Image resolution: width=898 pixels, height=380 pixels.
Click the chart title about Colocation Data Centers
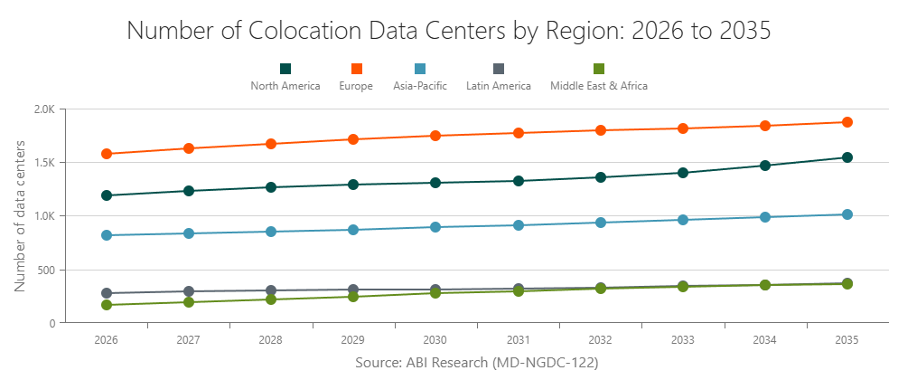tap(449, 30)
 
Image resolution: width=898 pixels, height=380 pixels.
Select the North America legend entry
tap(285, 78)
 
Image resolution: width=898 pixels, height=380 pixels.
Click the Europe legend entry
tap(356, 78)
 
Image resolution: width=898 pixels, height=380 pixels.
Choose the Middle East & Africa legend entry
tap(599, 78)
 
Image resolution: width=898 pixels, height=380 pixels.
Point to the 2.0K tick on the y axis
tap(44, 109)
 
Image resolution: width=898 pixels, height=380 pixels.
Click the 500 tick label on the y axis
tap(47, 270)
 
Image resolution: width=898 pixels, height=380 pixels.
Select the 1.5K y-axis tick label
tap(44, 163)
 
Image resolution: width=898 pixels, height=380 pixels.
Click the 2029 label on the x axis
tap(353, 340)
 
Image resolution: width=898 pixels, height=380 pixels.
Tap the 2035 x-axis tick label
tap(847, 340)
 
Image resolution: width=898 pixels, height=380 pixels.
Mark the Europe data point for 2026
tap(107, 154)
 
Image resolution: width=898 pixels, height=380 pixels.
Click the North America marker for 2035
tap(847, 157)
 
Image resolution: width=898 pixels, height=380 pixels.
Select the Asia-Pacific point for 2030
tap(435, 227)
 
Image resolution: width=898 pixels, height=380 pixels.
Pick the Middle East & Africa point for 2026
tap(107, 305)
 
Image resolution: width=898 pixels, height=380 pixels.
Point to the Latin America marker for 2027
tap(189, 291)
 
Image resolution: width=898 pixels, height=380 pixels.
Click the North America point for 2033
tap(683, 173)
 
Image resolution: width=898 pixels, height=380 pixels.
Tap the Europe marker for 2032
tap(601, 130)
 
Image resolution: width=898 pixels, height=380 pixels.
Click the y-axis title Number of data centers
tap(20, 216)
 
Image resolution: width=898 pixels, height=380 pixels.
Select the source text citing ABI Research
tap(476, 362)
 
